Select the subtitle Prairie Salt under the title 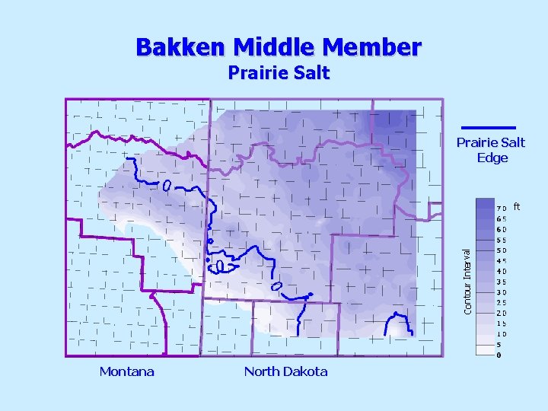[x=279, y=73]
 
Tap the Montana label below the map [x=126, y=371]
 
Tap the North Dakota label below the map [x=285, y=371]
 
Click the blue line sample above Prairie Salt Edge [x=489, y=127]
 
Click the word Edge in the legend [x=492, y=158]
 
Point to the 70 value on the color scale [x=502, y=208]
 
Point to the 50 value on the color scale [x=502, y=250]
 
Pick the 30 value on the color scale [x=502, y=292]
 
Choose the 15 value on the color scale [x=502, y=323]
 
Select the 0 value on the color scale [x=499, y=355]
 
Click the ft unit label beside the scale [x=518, y=205]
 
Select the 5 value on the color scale [x=499, y=344]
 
